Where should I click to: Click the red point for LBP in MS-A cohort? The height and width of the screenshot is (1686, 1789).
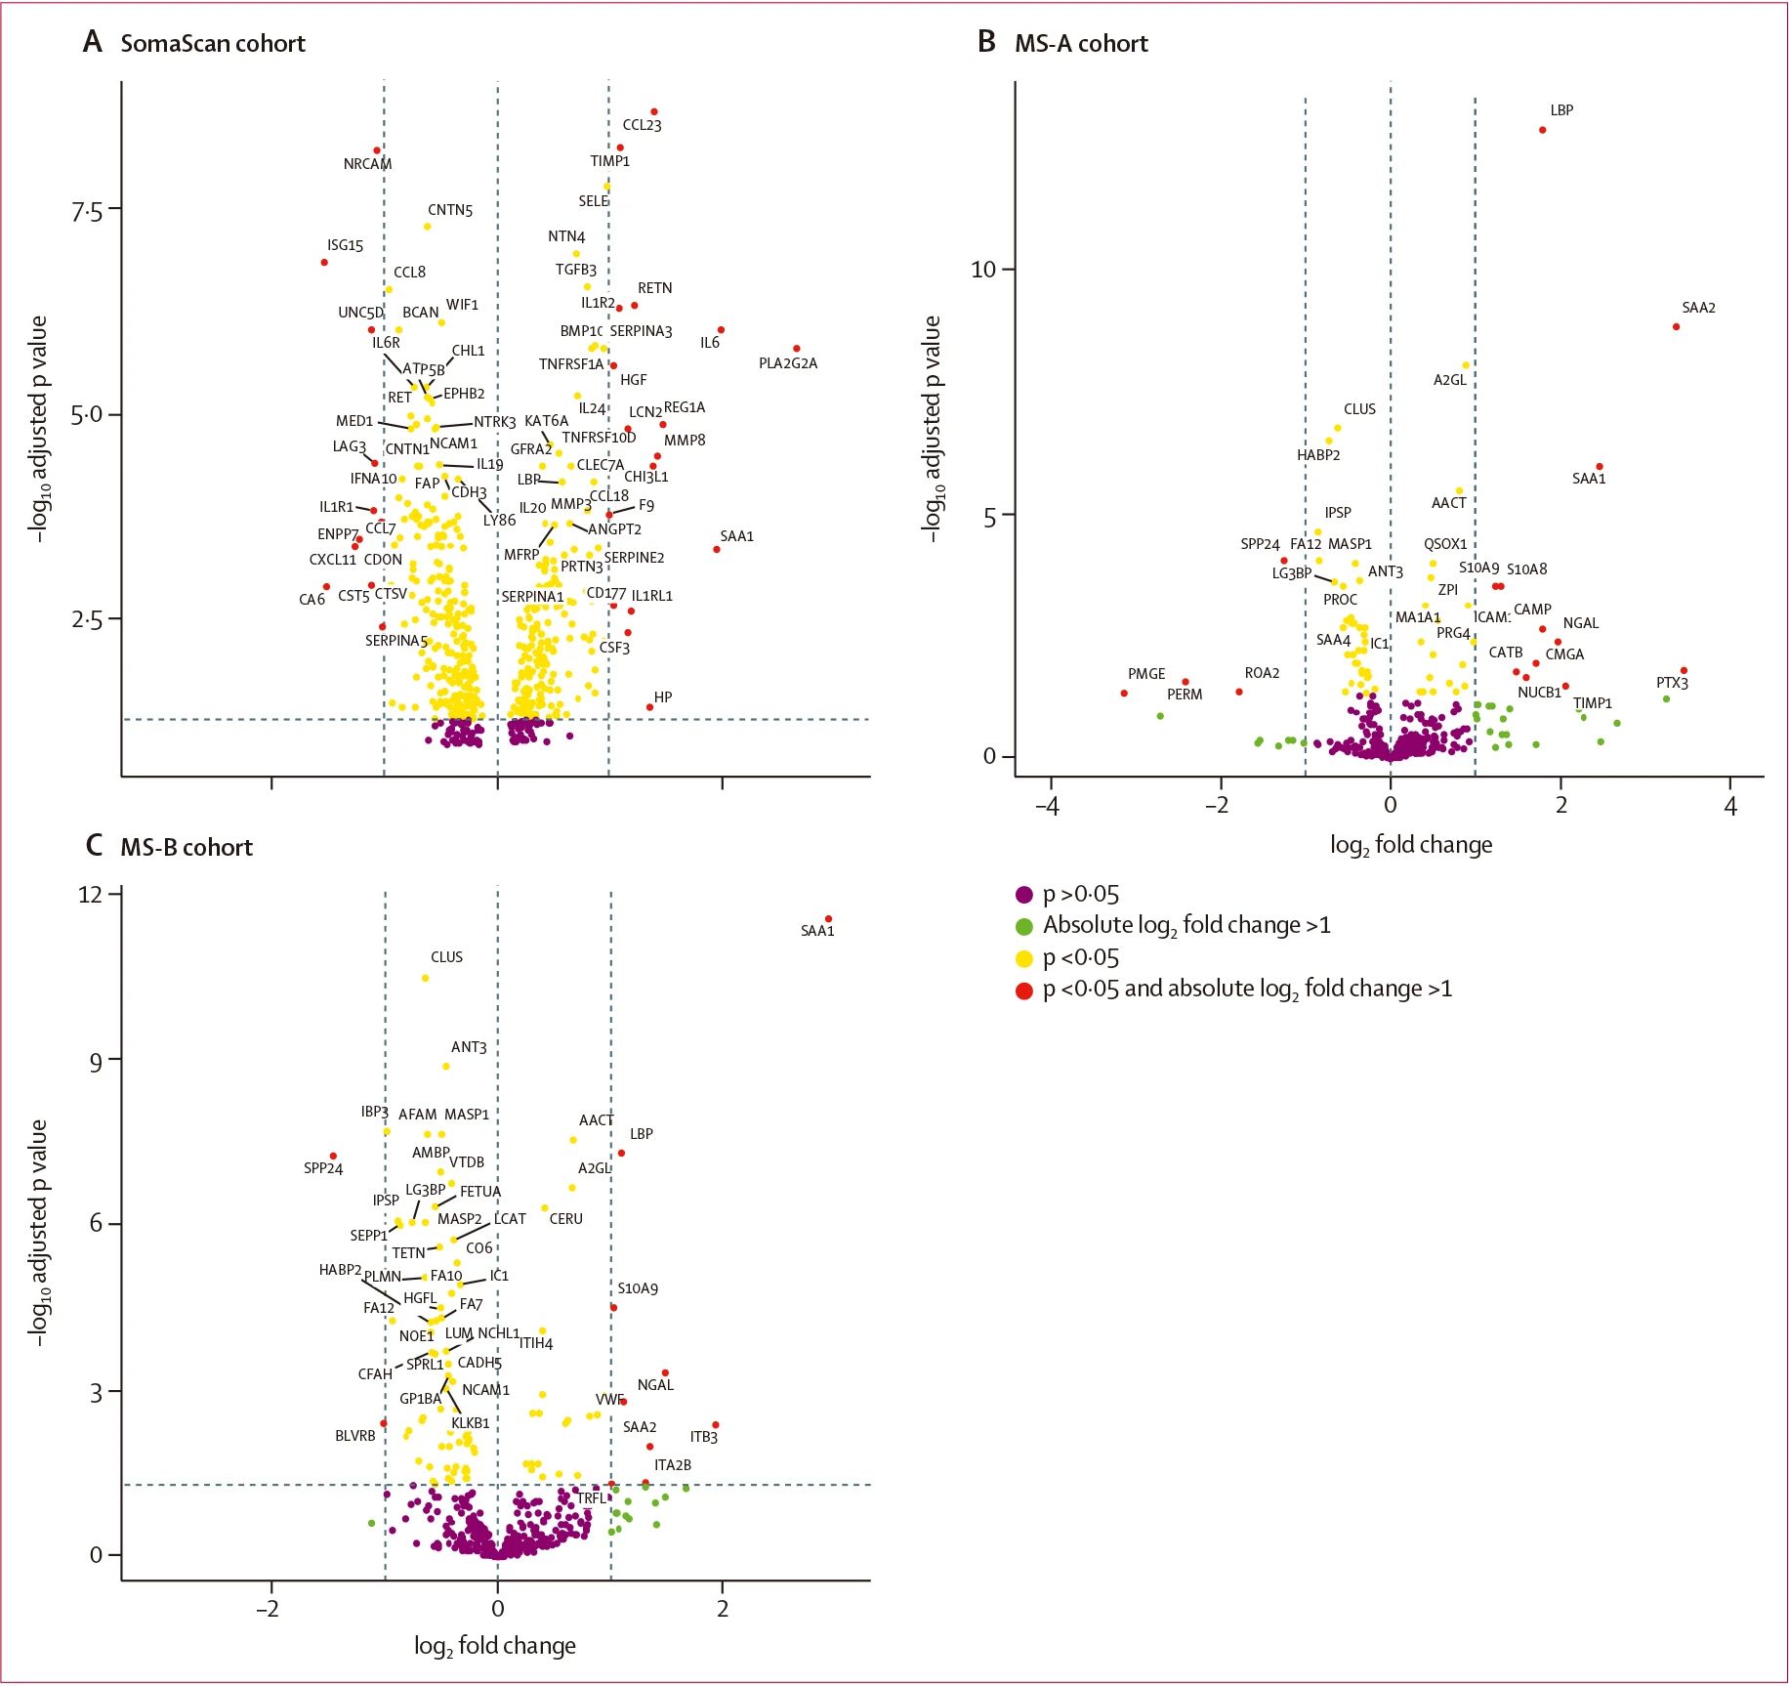coord(1542,130)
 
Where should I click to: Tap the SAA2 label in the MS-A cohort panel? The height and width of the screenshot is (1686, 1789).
coord(1698,308)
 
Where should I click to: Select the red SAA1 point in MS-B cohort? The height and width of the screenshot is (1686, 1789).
coord(828,918)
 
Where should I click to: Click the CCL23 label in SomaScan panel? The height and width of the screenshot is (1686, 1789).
coord(642,125)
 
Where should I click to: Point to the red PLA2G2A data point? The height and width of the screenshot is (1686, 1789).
coord(797,349)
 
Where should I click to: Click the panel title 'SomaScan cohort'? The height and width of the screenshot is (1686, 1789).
coord(212,44)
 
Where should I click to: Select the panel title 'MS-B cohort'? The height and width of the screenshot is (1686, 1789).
coord(186,847)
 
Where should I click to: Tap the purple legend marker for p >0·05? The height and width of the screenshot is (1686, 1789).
coord(1024,895)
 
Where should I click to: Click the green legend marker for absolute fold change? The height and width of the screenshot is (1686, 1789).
coord(1024,926)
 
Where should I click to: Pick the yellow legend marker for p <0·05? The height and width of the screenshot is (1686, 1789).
coord(1024,958)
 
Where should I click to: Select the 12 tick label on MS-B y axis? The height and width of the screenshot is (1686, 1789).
coord(90,894)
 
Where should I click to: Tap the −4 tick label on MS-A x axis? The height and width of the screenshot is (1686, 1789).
coord(1047,806)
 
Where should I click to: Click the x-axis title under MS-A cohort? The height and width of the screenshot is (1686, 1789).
coord(1410,845)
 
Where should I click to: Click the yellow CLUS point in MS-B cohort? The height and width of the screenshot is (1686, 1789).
coord(425,978)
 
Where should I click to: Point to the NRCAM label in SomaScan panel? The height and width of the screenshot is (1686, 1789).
coord(367,164)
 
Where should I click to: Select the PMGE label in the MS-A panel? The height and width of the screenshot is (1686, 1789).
coord(1145,674)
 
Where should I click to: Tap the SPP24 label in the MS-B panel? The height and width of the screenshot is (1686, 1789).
coord(323,1168)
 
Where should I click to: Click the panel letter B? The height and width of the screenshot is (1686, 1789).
coord(986,42)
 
